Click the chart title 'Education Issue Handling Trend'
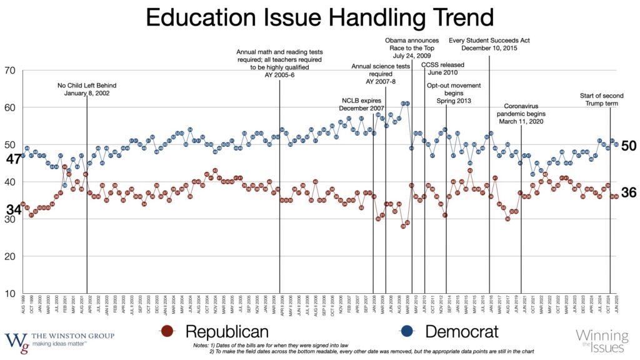(319, 18)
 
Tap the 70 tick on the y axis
(11, 70)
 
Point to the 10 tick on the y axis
(11, 293)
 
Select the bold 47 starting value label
(13, 159)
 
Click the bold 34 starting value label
(13, 210)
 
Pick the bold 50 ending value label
(628, 146)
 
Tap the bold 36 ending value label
(628, 193)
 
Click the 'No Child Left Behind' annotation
(87, 89)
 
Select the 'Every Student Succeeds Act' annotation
(489, 44)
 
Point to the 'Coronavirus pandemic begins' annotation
(525, 114)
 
